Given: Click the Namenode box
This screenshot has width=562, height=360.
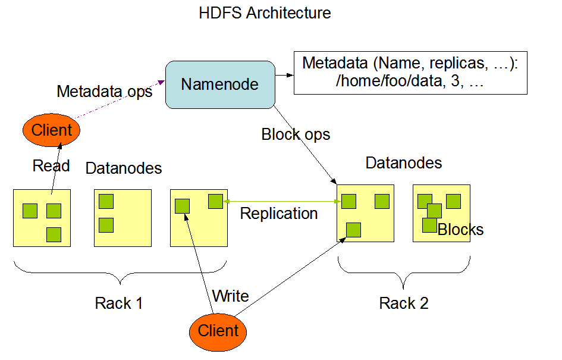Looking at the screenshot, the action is [220, 84].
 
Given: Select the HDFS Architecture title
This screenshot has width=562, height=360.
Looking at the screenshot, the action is [265, 13].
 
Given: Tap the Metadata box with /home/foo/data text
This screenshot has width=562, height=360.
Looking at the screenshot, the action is [410, 73].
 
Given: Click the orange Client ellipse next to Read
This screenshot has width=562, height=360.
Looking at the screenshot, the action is [51, 130].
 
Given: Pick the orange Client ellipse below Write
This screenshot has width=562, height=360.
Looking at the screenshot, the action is [218, 331].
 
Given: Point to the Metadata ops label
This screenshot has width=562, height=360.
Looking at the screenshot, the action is [104, 92].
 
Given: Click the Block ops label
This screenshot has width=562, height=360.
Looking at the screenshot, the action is [296, 134].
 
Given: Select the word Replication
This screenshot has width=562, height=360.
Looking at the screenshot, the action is [279, 214].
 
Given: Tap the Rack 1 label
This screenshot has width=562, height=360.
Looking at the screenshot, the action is [118, 303].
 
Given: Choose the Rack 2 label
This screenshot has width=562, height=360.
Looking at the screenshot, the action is [404, 303].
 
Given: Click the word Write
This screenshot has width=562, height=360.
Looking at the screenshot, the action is [231, 296].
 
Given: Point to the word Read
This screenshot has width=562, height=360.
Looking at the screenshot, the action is [51, 165].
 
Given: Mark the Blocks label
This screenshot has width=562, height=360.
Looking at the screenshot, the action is [460, 230].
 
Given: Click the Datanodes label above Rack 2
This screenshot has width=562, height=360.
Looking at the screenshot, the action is [404, 163].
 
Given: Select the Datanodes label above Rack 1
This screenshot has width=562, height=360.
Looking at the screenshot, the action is [124, 168].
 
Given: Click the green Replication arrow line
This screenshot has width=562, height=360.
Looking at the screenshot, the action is [282, 202].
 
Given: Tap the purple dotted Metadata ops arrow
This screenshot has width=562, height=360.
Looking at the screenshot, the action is [120, 99].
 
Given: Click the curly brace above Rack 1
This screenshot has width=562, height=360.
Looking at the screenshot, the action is [120, 273].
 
